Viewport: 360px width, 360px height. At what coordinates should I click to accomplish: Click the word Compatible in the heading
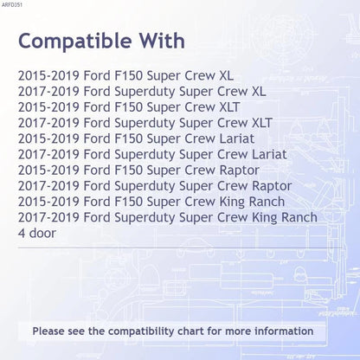75,42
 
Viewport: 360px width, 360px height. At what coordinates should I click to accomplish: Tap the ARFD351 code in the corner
12,5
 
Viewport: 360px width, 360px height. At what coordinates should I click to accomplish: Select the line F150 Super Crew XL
125,75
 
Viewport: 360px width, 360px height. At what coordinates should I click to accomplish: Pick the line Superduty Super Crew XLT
145,123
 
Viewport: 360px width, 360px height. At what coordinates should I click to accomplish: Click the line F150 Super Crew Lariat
136,138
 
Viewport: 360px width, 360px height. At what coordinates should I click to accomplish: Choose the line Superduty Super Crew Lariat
152,154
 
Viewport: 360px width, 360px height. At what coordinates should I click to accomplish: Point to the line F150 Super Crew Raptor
138,170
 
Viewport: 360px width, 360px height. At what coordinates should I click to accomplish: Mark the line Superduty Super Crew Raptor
155,186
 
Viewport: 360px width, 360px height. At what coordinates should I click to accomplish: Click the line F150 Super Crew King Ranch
151,202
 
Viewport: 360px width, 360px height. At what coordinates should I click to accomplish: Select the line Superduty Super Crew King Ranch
168,217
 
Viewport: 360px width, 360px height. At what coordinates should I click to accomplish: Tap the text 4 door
37,233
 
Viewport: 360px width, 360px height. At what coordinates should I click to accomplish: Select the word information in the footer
284,331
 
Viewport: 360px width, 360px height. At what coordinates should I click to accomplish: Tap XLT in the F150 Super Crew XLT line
229,107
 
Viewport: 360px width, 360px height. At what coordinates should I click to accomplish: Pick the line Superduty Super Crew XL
142,92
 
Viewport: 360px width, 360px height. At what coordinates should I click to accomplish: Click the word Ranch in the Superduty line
299,217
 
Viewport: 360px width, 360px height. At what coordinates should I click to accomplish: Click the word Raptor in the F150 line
240,170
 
